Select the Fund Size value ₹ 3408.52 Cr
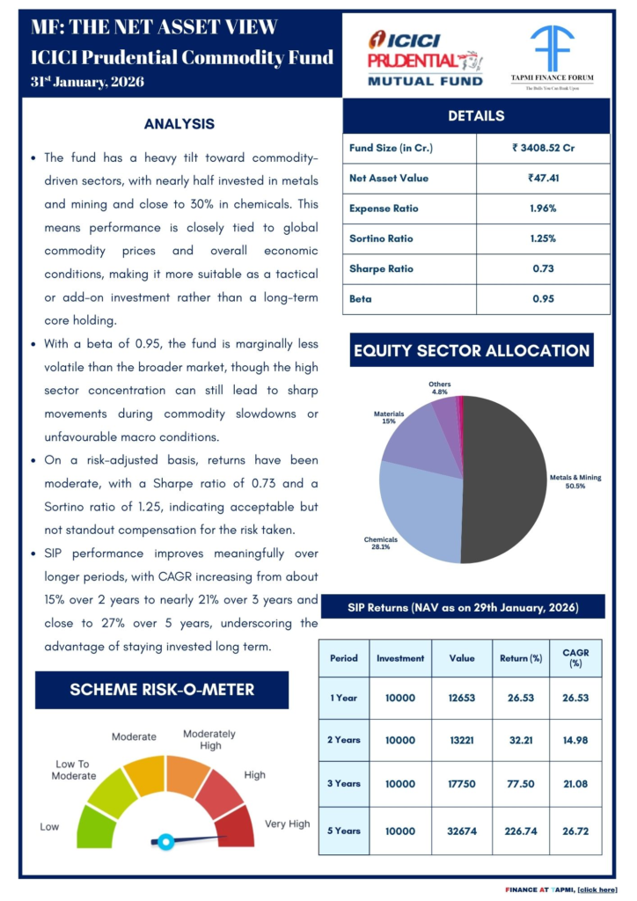(x=542, y=148)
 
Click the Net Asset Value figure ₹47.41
(x=542, y=178)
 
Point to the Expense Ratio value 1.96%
(x=542, y=209)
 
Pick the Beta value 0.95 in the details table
(x=542, y=298)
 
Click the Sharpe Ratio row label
(x=379, y=268)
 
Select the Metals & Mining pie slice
(x=506, y=480)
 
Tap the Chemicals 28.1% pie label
(x=381, y=542)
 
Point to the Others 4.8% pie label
(x=439, y=388)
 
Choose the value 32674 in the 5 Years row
(x=462, y=830)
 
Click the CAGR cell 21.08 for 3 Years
(x=575, y=784)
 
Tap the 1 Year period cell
(x=343, y=698)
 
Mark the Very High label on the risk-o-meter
(x=287, y=824)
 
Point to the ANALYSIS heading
(x=179, y=124)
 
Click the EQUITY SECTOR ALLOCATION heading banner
(x=471, y=350)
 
